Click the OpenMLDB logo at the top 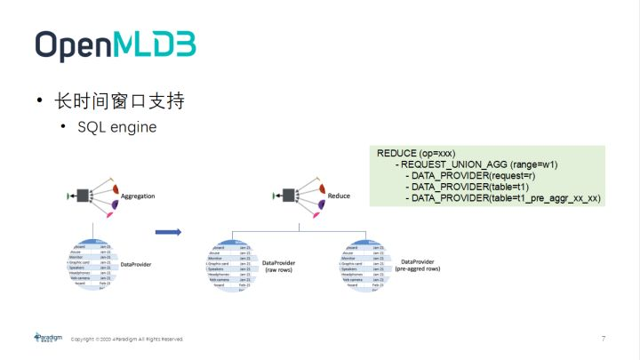116,44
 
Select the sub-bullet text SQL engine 116,127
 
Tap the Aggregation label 138,195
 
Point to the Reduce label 339,195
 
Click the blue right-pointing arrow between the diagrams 168,233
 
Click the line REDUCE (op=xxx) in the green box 416,154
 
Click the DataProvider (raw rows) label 284,267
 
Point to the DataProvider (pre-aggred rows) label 417,266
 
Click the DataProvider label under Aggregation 138,264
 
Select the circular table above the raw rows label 232,264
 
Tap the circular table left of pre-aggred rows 364,264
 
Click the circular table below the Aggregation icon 92,264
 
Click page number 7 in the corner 604,339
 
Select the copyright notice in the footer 127,339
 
